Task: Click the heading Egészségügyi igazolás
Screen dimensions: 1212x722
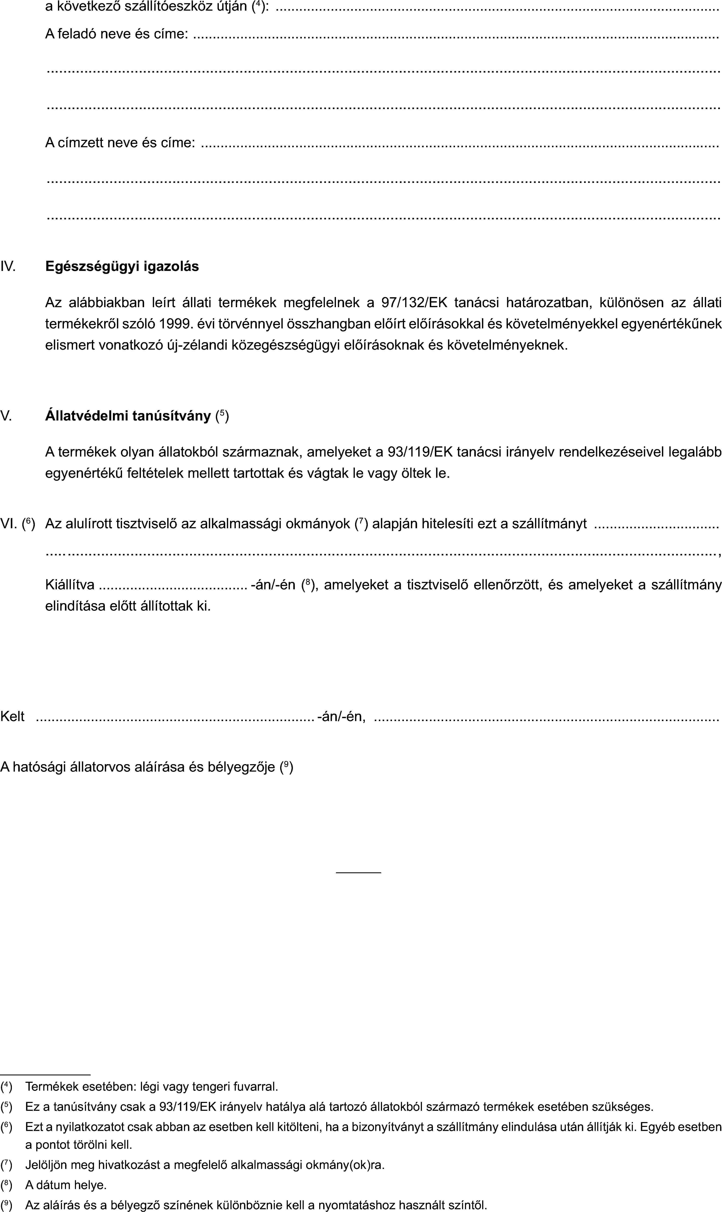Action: point(122,266)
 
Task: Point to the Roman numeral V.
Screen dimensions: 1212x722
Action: point(6,416)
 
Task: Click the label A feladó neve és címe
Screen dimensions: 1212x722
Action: point(117,34)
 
